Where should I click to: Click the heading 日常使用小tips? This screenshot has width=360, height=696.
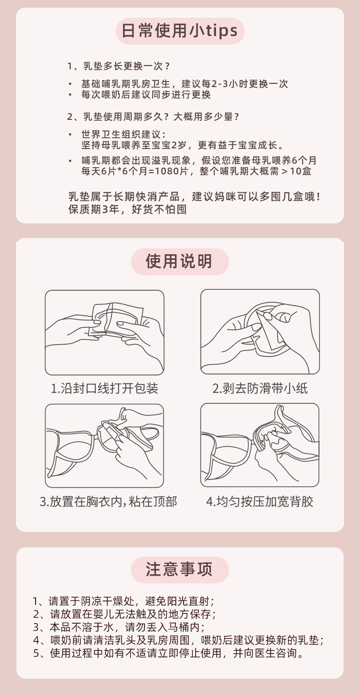click(180, 31)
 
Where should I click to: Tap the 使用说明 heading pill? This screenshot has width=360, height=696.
click(180, 261)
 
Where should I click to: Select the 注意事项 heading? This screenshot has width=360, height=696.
click(180, 570)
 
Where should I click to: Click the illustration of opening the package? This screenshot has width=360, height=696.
click(104, 332)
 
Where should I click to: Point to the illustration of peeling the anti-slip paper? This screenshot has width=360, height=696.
click(260, 332)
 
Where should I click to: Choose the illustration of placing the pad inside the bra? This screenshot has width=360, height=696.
click(104, 446)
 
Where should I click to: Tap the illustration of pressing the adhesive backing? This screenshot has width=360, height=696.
click(260, 445)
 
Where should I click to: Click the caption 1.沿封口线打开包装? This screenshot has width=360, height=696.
click(104, 388)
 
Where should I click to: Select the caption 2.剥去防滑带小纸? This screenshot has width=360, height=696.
click(260, 388)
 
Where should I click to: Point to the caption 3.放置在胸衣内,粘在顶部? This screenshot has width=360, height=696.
click(108, 501)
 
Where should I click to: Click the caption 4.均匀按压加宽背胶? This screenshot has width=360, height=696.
click(260, 501)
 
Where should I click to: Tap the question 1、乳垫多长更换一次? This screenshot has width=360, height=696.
click(118, 66)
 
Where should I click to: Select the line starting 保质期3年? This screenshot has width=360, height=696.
click(127, 209)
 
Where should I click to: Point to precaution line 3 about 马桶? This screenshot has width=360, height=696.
click(119, 627)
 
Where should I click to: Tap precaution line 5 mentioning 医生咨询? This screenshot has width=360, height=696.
click(168, 653)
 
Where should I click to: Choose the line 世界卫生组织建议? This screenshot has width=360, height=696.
click(123, 134)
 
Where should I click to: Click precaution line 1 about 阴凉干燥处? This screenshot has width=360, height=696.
click(123, 601)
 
